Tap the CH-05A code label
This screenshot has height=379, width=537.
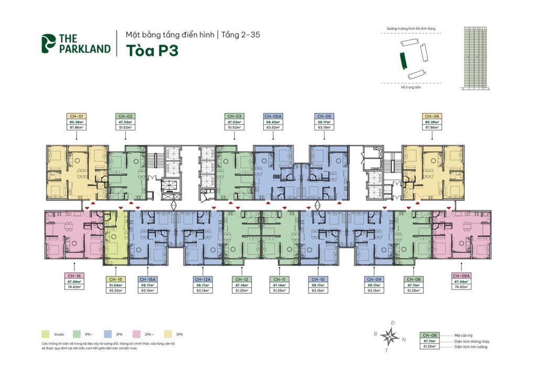coord(274,116)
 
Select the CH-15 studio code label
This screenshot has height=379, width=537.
coord(116,280)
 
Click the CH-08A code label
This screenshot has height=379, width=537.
coord(460,275)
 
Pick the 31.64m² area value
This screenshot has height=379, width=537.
coord(116,285)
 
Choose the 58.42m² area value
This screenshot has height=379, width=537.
coord(274,121)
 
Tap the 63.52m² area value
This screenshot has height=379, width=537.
coord(274,127)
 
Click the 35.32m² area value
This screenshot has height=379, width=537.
coord(116,291)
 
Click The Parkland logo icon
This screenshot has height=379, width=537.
coord(49,43)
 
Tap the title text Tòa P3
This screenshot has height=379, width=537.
coord(147,50)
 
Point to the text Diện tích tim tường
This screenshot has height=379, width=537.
coord(471,347)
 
